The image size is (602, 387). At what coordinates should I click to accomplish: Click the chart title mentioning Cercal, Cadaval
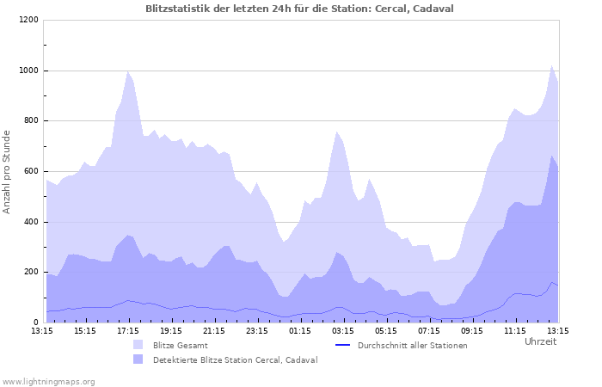click(300, 9)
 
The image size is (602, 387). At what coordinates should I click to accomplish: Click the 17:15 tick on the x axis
click(128, 330)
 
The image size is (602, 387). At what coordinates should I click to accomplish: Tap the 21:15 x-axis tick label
click(214, 330)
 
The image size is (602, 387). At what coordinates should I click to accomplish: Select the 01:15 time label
click(300, 330)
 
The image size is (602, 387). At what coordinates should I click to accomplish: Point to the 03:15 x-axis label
click(343, 330)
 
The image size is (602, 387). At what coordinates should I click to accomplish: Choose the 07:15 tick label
click(429, 330)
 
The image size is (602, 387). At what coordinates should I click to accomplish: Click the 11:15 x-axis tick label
click(515, 330)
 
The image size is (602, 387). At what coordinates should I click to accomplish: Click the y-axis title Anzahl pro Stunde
click(8, 171)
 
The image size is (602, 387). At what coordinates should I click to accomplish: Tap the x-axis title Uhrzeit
click(540, 342)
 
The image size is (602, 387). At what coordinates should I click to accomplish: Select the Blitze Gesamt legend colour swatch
click(138, 345)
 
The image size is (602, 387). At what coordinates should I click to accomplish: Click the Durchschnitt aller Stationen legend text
click(413, 345)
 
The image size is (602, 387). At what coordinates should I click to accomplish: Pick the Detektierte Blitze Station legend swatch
click(138, 359)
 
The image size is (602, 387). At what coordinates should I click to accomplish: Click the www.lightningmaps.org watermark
click(48, 381)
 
